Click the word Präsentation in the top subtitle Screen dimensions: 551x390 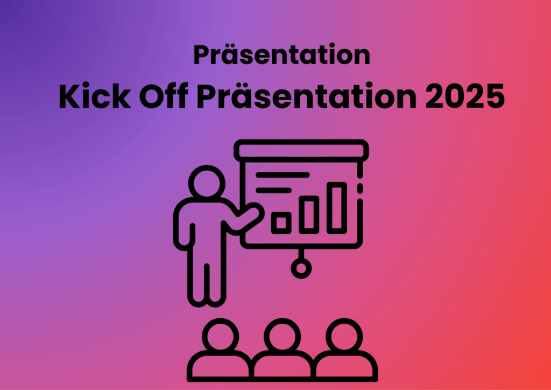[282, 55]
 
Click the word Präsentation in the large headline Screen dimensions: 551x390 [306, 96]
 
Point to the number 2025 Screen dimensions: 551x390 [465, 96]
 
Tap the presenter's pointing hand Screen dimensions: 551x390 [254, 211]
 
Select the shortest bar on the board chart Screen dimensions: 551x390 [281, 223]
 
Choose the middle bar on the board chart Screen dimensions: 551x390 [309, 215]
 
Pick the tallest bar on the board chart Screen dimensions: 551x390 [337, 208]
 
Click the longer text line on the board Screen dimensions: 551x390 [282, 175]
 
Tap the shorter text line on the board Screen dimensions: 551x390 [273, 191]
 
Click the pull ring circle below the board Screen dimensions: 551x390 [301, 268]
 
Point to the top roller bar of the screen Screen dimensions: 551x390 [301, 151]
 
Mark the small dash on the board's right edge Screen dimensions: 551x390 [360, 188]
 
